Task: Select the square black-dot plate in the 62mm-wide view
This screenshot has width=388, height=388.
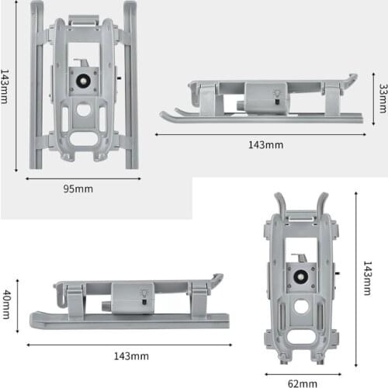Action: point(299,274)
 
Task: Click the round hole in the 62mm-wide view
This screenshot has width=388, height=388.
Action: point(300,307)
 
